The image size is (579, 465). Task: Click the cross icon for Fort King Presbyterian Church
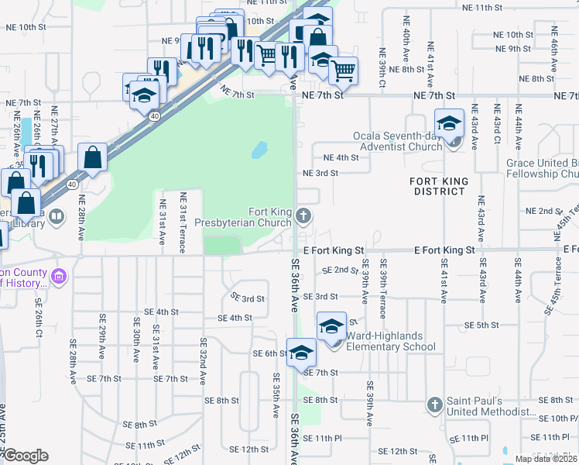pyautogui.click(x=304, y=216)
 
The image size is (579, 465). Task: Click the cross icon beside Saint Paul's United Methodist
pyautogui.click(x=435, y=405)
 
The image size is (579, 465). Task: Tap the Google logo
pyautogui.click(x=26, y=456)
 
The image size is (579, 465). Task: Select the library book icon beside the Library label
pyautogui.click(x=57, y=218)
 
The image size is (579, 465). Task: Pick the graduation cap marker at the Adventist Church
pyautogui.click(x=449, y=123)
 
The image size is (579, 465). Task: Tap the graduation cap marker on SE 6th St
pyautogui.click(x=301, y=353)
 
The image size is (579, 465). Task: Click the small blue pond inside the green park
pyautogui.click(x=259, y=149)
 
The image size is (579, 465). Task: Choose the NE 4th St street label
pyautogui.click(x=341, y=157)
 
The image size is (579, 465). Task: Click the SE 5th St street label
pyautogui.click(x=480, y=325)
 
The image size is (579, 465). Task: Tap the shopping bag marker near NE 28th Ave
pyautogui.click(x=93, y=157)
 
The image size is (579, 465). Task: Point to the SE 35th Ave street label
pyautogui.click(x=275, y=395)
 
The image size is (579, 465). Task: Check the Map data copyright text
pyautogui.click(x=546, y=459)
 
